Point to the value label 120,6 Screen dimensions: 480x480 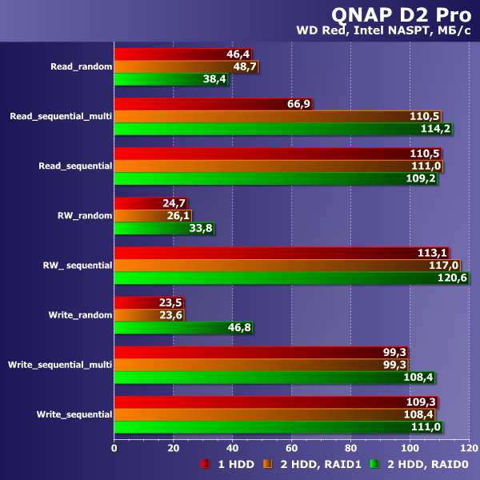(453, 278)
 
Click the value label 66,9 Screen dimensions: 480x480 (298, 104)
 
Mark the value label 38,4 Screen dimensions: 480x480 (214, 79)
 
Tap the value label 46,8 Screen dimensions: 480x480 (238, 327)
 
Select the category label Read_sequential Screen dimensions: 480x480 (75, 166)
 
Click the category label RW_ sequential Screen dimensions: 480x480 (77, 265)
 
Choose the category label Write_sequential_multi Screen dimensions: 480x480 (60, 365)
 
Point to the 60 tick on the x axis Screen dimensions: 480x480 (291, 448)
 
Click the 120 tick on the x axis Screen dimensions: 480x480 (468, 448)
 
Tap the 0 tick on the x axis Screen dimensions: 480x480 (114, 448)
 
